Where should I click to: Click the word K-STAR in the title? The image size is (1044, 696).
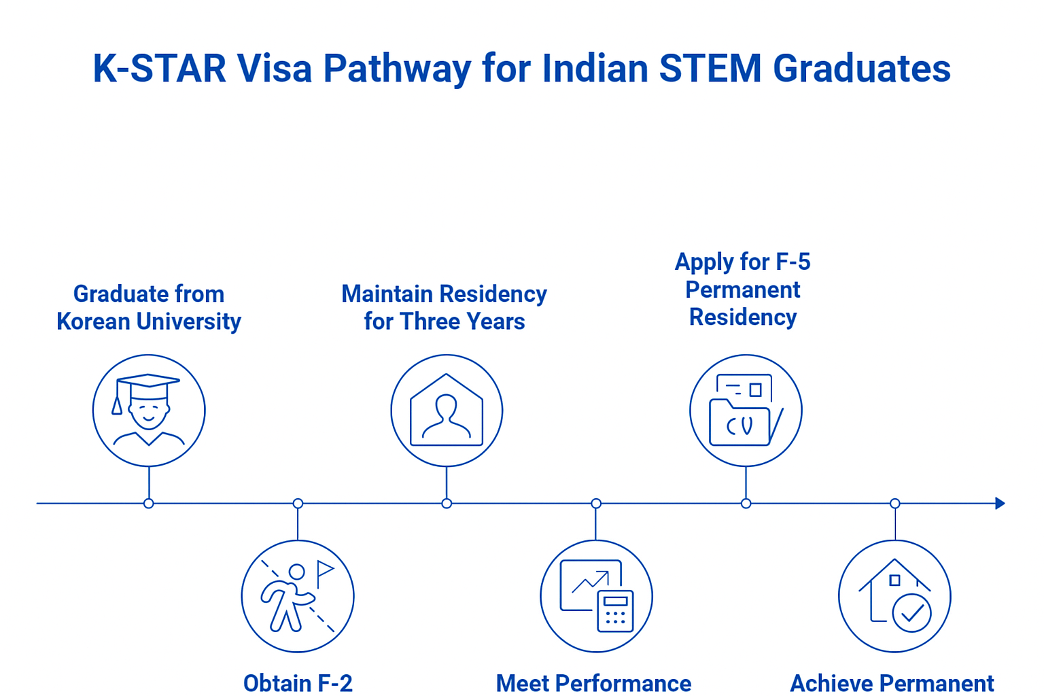point(160,69)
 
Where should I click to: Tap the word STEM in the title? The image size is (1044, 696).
point(710,69)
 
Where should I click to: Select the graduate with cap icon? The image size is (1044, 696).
point(149,411)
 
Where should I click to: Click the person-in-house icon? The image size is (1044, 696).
point(447,411)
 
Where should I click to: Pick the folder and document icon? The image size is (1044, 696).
point(746,411)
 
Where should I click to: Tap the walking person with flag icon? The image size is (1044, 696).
point(298,596)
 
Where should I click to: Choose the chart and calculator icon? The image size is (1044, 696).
point(596,596)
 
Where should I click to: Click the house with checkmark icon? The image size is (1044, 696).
point(894,596)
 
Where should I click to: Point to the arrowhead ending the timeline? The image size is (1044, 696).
point(1000,504)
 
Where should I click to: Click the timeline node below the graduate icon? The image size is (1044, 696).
point(149,504)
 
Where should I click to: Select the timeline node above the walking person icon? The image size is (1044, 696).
point(298,504)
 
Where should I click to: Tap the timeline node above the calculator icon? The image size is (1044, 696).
point(596,504)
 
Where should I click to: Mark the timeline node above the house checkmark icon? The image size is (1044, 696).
point(895,504)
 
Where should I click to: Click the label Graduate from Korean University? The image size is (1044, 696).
point(149,308)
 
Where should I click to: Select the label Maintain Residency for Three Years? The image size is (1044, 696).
point(444,308)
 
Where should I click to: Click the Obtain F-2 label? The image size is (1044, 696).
point(298,683)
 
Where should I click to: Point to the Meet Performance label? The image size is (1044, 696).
point(593,683)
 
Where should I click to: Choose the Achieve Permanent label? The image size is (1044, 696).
point(892,683)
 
